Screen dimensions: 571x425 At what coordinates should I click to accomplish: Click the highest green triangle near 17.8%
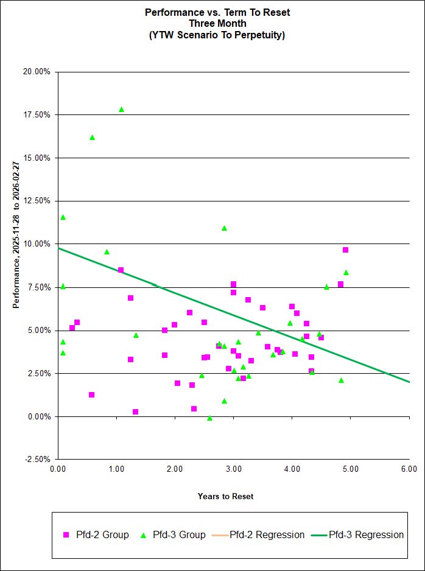(x=121, y=110)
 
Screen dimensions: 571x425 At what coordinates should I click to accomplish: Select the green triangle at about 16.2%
(x=92, y=138)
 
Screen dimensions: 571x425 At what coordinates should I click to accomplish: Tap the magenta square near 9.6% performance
(x=345, y=250)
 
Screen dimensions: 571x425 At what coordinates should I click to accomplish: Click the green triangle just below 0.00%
(x=209, y=418)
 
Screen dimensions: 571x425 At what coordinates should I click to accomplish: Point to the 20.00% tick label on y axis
(x=37, y=72)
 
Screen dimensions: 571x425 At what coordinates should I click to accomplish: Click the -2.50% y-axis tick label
(x=38, y=459)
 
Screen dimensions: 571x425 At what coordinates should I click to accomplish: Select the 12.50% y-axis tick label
(x=37, y=201)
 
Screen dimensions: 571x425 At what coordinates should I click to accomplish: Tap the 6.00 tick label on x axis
(x=409, y=469)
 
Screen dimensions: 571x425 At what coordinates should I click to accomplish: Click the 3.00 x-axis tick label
(x=233, y=469)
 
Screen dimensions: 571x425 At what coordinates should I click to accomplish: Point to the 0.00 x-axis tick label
(x=58, y=469)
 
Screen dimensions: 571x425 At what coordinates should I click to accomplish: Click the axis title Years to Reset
(x=225, y=496)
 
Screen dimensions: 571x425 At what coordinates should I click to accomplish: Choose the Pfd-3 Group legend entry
(x=174, y=535)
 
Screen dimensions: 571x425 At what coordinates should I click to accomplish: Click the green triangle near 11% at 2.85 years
(x=224, y=228)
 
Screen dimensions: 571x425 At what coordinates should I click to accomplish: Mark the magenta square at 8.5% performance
(x=121, y=270)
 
